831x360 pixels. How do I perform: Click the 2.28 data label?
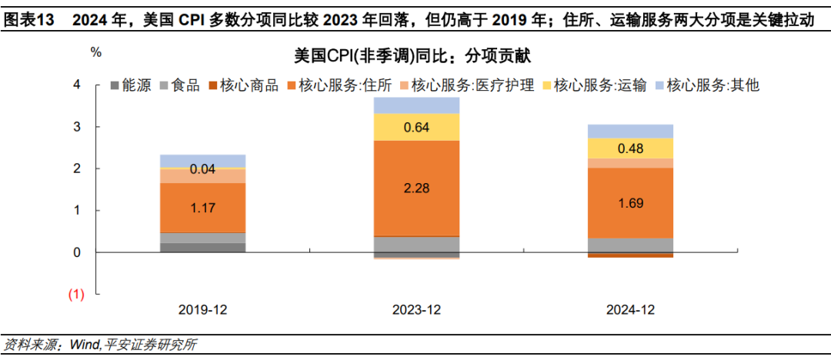[x=417, y=188]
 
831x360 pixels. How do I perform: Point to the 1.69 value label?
[x=630, y=204]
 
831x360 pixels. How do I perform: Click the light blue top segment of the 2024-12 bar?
[x=630, y=131]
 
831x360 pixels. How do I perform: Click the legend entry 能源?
[x=135, y=85]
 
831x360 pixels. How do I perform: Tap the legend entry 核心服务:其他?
[x=713, y=85]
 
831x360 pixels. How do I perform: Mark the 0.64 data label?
[x=417, y=127]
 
